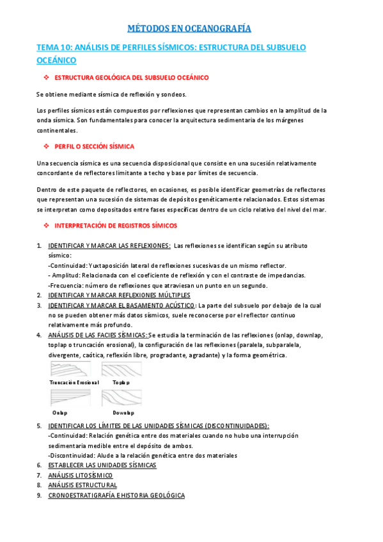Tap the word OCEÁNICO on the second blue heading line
pos(56,60)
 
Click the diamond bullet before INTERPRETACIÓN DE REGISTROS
pos(46,226)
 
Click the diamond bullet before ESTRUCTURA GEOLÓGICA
pos(46,77)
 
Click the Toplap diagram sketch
pos(121,370)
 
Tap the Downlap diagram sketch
pos(121,398)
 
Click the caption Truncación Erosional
pos(74,382)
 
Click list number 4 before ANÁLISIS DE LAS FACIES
pos(39,335)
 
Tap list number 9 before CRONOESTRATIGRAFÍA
pos(39,495)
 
